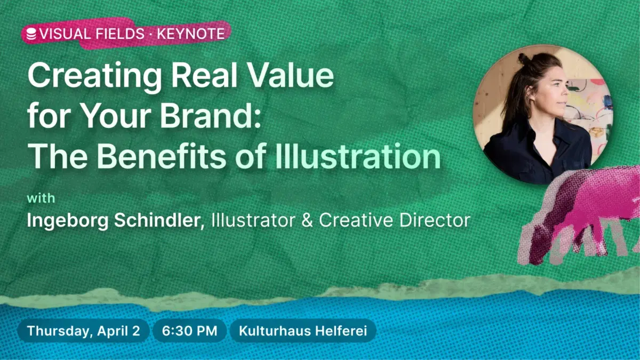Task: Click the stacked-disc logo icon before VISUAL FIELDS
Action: pyautogui.click(x=31, y=34)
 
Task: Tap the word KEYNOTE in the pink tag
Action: pyautogui.click(x=190, y=34)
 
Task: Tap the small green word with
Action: pyautogui.click(x=41, y=199)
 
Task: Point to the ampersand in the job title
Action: pyautogui.click(x=307, y=220)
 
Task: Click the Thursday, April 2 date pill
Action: pyautogui.click(x=84, y=331)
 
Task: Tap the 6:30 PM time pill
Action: pyautogui.click(x=189, y=331)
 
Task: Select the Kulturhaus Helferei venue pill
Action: pyautogui.click(x=302, y=331)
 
